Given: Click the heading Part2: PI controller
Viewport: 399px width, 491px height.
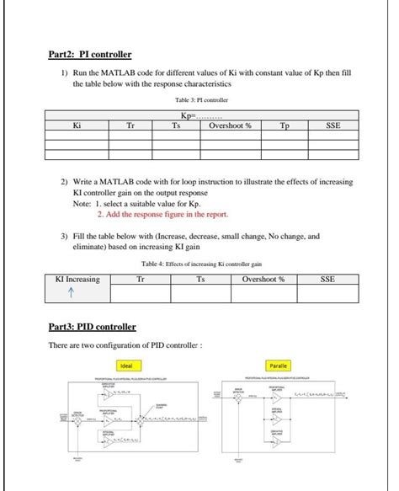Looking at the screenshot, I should (x=89, y=56).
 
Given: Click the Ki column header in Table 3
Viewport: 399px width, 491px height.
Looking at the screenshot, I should (x=77, y=125).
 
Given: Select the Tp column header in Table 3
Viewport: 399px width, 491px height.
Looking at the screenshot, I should (x=285, y=125).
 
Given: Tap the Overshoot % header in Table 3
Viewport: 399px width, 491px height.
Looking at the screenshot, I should (x=230, y=125).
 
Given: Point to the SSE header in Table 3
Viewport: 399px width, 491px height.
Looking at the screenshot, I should (x=333, y=125).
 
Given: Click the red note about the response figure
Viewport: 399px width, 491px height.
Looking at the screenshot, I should (x=162, y=214).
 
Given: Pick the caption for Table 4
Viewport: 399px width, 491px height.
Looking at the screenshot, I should (x=202, y=264).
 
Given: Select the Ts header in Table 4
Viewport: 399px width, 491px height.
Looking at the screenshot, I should (x=200, y=279).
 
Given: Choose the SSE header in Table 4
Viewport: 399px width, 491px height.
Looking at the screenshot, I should (x=327, y=279).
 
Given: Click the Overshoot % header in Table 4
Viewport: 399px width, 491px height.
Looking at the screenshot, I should (x=263, y=279).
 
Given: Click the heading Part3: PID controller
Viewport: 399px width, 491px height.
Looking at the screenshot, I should (x=93, y=327).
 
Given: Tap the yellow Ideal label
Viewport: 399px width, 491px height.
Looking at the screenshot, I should (x=128, y=366).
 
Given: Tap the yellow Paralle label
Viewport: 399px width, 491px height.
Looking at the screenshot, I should (x=278, y=366).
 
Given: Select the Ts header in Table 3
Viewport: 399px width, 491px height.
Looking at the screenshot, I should (x=176, y=125).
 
